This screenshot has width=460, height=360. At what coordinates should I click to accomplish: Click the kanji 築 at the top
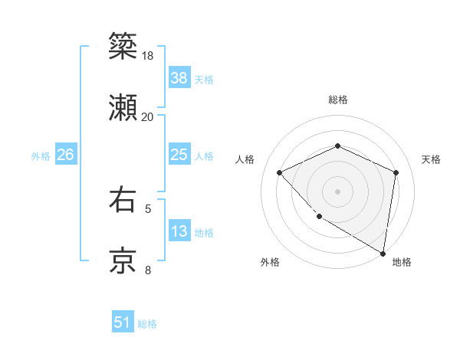123,46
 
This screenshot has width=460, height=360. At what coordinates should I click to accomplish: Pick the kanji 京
123,260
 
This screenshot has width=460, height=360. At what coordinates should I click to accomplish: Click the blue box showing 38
179,77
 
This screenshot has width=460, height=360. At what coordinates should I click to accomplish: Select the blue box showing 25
179,155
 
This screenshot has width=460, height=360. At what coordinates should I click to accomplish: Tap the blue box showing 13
179,231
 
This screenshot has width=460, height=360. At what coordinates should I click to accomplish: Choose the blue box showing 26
65,155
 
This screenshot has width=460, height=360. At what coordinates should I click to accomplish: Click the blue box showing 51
123,322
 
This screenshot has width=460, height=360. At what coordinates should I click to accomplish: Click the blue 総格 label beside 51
147,324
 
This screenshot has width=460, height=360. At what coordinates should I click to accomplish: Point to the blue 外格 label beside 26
41,156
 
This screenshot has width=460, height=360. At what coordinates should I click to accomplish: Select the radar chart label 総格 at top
337,100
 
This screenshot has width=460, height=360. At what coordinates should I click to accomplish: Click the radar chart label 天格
432,159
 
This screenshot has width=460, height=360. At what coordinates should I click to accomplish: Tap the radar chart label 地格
402,262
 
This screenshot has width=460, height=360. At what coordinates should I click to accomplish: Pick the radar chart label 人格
245,159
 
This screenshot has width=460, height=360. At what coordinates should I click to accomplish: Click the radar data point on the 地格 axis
383,253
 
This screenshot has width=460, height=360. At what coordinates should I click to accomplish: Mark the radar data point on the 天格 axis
396,172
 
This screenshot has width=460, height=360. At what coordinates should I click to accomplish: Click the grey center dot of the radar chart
337,191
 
